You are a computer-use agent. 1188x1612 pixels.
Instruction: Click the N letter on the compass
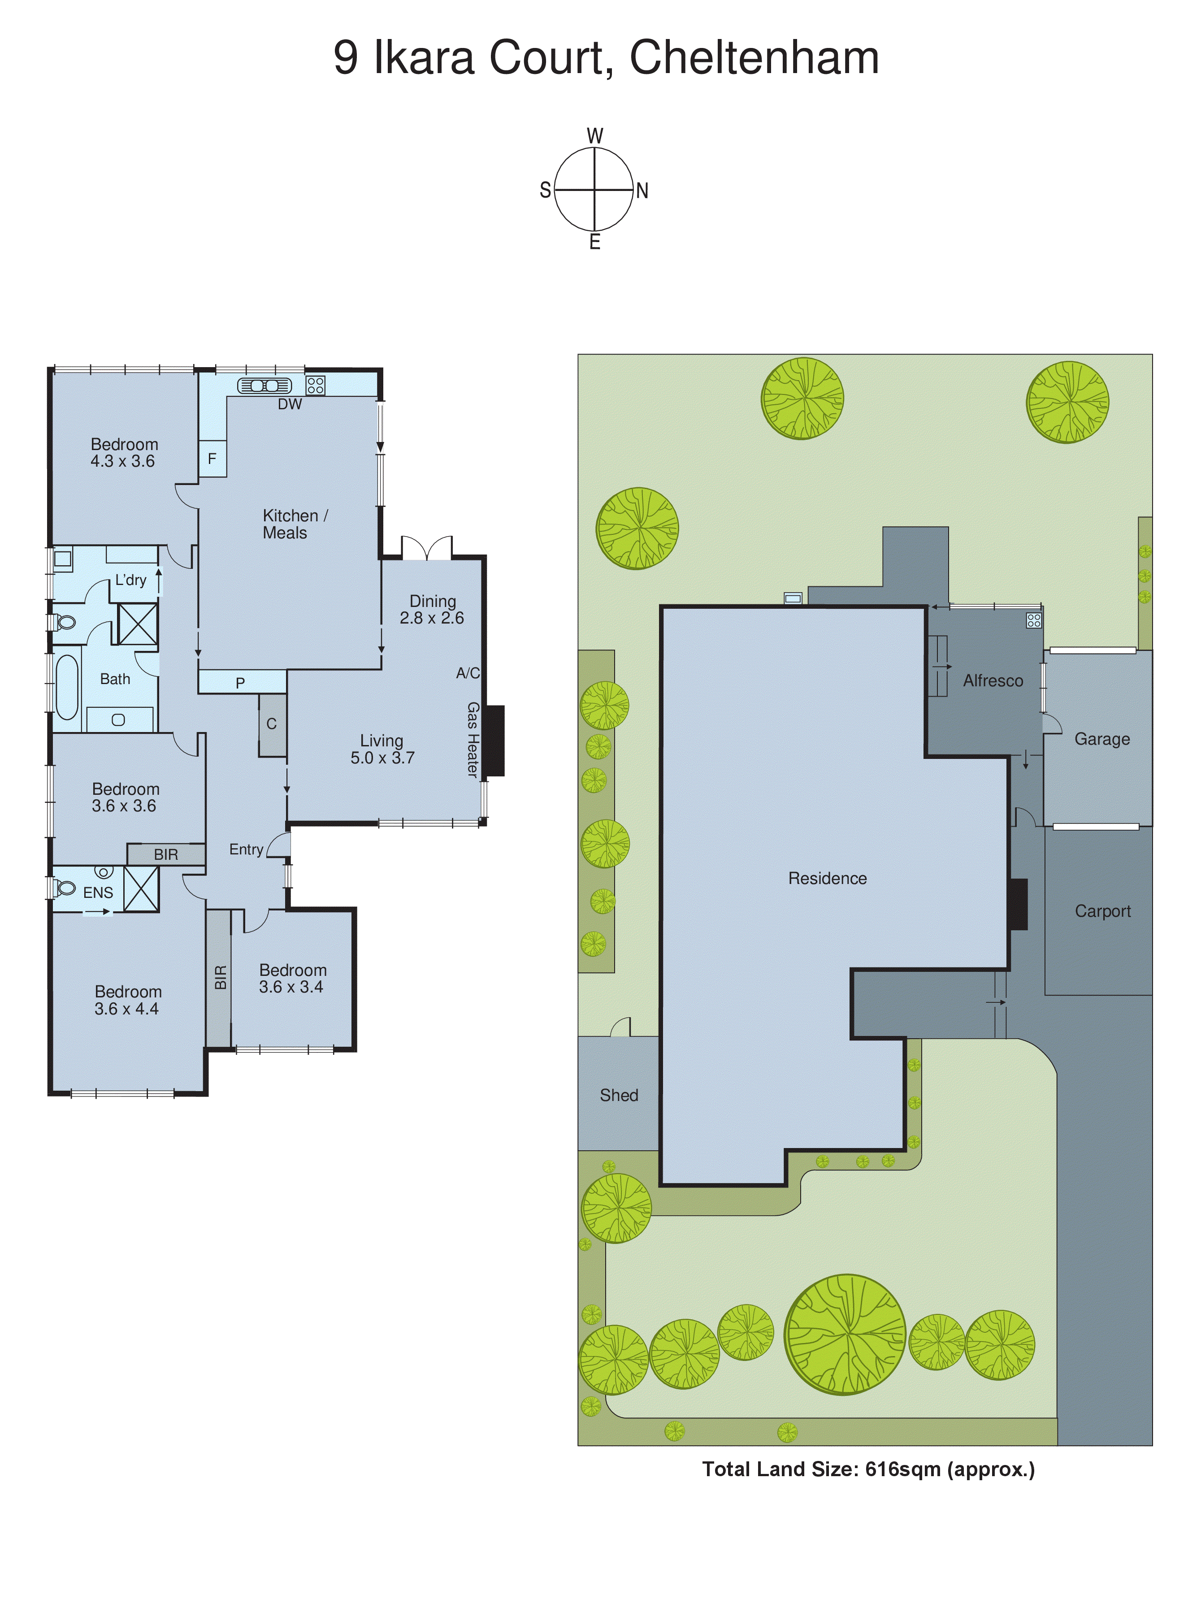click(x=642, y=191)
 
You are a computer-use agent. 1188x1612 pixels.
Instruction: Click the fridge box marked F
click(x=212, y=459)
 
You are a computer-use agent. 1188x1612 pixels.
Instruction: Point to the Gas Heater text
click(x=473, y=739)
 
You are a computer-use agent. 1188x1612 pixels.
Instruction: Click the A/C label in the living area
click(x=468, y=673)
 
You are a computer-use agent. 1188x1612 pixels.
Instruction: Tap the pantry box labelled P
click(x=241, y=682)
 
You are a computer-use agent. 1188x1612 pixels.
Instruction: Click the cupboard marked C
click(x=272, y=724)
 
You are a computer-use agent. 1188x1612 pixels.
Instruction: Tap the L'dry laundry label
click(x=131, y=580)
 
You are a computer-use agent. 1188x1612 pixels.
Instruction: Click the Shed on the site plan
click(x=619, y=1095)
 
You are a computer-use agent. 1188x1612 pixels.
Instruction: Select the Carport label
click(x=1102, y=912)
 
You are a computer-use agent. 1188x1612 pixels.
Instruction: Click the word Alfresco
click(x=993, y=681)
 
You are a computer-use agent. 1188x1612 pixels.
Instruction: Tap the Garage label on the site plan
click(x=1102, y=739)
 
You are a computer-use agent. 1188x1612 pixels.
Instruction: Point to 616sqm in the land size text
click(x=902, y=1469)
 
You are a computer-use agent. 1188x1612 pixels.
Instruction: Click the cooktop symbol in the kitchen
click(x=315, y=386)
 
